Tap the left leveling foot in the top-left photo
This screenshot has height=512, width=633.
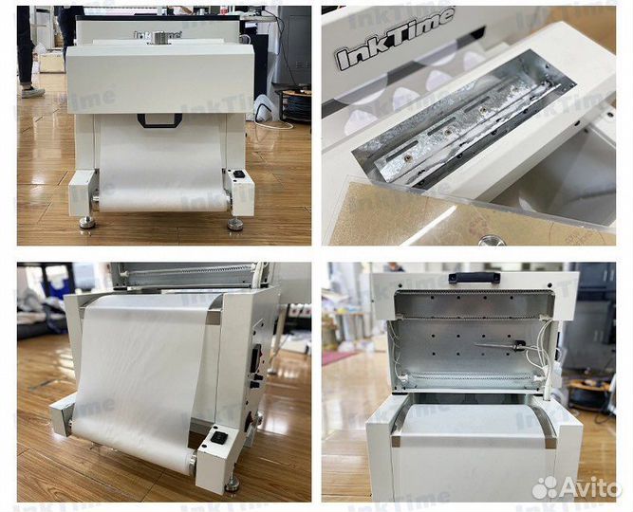pyautogui.click(x=86, y=222)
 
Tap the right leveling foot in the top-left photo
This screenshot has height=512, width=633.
pyautogui.click(x=235, y=224)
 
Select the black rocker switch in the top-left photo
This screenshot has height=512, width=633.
pyautogui.click(x=239, y=174)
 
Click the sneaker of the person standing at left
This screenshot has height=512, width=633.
pyautogui.click(x=32, y=92)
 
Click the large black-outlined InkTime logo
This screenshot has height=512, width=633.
pyautogui.click(x=394, y=38)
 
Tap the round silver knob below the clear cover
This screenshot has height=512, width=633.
pyautogui.click(x=492, y=241)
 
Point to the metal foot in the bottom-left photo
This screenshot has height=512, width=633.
pyautogui.click(x=232, y=485)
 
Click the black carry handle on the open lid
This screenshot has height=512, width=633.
pyautogui.click(x=474, y=277)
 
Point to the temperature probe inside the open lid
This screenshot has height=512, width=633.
pyautogui.click(x=500, y=345)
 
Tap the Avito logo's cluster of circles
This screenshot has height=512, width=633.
pyautogui.click(x=545, y=487)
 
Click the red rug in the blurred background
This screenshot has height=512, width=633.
pyautogui.click(x=338, y=357)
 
